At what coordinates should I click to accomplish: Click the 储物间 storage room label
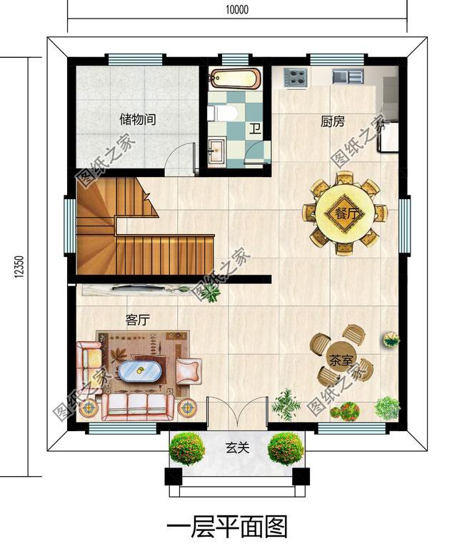[x=138, y=119]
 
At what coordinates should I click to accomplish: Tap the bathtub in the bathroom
[x=236, y=79]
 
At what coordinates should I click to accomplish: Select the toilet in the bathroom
[x=223, y=113]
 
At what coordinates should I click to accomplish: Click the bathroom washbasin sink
[x=216, y=151]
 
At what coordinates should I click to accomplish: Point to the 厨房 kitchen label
[x=333, y=121]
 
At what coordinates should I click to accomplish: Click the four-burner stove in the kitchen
[x=295, y=77]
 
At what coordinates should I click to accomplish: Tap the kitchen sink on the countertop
[x=348, y=76]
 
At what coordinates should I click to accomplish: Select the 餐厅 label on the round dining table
[x=345, y=214]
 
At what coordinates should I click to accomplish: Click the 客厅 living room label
[x=137, y=320]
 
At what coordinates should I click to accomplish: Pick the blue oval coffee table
[x=140, y=371]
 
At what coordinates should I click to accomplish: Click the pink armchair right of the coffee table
[x=189, y=371]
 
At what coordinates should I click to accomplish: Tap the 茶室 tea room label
[x=341, y=360]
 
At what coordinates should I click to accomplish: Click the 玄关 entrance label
[x=237, y=448]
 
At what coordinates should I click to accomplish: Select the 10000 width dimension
[x=237, y=9]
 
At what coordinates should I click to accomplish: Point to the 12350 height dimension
[x=19, y=267]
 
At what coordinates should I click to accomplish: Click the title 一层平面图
[x=227, y=527]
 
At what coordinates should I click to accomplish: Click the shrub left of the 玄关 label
[x=186, y=448]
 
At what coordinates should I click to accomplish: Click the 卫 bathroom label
[x=254, y=128]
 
